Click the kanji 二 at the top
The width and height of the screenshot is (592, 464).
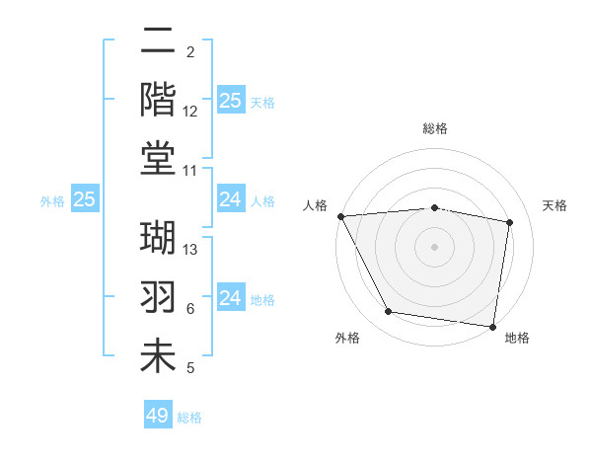[x=158, y=41]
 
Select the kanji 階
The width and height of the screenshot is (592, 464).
[x=158, y=99]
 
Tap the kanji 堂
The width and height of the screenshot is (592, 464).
[x=158, y=159]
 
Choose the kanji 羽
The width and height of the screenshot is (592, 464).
[x=158, y=297]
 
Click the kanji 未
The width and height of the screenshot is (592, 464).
[x=158, y=356]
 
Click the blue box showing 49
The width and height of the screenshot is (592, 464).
[x=158, y=416]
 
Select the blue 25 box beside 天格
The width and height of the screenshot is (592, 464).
[x=230, y=101]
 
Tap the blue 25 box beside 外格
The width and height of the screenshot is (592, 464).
[x=85, y=199]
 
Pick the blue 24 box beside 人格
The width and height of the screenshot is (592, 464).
[x=230, y=200]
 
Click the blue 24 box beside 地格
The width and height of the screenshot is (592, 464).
[x=230, y=298]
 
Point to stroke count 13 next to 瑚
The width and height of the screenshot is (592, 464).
[x=191, y=249]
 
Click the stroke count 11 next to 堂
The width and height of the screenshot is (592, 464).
[x=191, y=171]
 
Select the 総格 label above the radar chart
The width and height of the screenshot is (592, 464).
[x=434, y=128]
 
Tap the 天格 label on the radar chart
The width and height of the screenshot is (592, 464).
[x=555, y=205]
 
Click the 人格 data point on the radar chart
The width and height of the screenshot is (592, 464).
[x=340, y=216]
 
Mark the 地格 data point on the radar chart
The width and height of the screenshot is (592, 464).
[x=492, y=326]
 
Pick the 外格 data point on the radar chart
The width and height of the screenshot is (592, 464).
[x=389, y=312]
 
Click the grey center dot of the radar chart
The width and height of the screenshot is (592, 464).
[x=434, y=247]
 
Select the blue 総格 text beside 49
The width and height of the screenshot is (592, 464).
[x=189, y=418]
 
